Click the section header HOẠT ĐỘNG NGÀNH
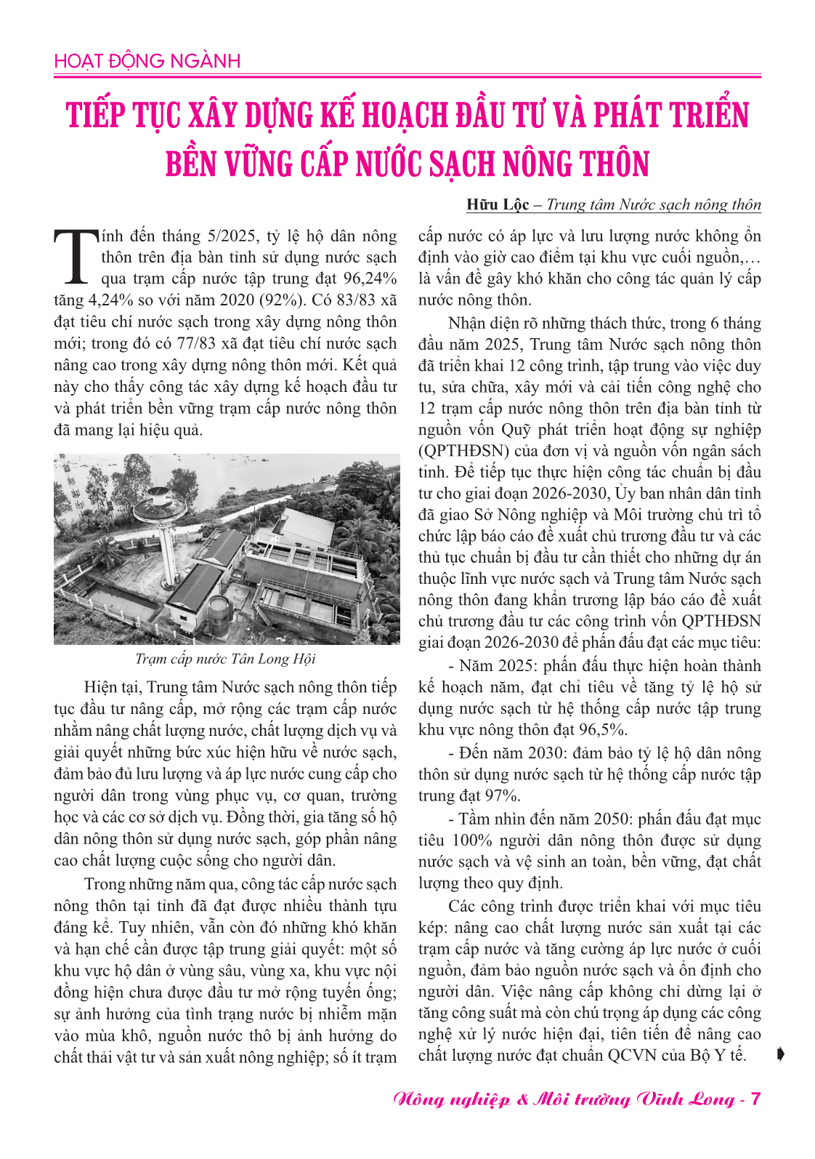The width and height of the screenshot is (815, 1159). tap(147, 61)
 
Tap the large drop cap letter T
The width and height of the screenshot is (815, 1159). tap(75, 257)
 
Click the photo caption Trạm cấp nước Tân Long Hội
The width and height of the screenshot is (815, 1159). tap(226, 659)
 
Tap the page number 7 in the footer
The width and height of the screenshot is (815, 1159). tap(755, 1099)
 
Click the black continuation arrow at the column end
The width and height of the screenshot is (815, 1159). tap(780, 1054)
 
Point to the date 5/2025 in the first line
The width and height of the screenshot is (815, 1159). tap(233, 236)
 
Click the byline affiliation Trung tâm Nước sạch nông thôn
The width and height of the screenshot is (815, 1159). tap(653, 205)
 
